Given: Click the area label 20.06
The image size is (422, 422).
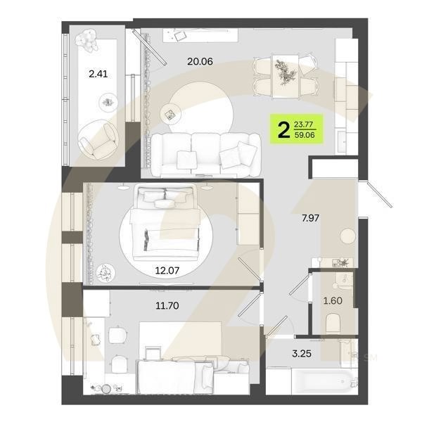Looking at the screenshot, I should (x=200, y=61).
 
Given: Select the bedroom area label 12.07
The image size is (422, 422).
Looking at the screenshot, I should (x=168, y=269).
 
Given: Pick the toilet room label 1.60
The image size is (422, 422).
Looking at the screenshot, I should (x=333, y=301).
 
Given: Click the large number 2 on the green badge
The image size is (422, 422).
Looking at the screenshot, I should (x=284, y=129).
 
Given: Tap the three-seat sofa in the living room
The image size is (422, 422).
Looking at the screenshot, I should (x=204, y=153).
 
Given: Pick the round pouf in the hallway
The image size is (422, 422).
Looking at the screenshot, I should (x=347, y=237).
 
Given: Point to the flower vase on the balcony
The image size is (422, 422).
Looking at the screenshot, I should (x=89, y=43).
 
